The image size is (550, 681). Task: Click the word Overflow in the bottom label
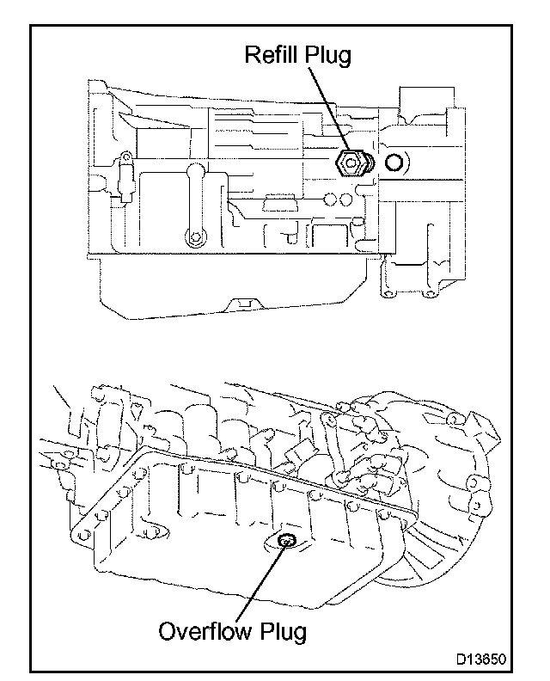pyautogui.click(x=203, y=633)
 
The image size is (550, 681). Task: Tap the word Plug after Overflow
pyautogui.click(x=280, y=635)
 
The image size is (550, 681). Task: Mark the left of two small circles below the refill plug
pyautogui.click(x=330, y=199)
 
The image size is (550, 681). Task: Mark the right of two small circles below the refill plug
pyautogui.click(x=345, y=199)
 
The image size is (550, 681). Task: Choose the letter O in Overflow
pyautogui.click(x=168, y=633)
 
